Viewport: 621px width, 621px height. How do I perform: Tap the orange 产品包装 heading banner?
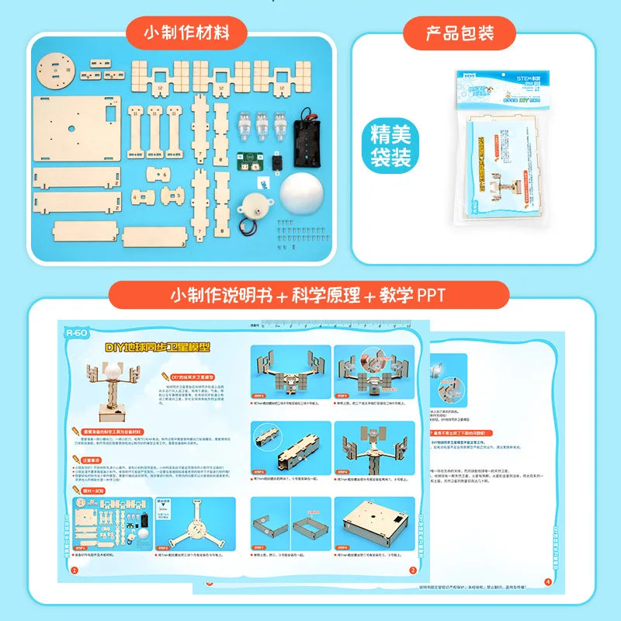[x=460, y=33]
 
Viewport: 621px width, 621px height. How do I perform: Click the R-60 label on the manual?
[x=78, y=333]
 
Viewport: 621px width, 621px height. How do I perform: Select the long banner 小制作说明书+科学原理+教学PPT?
[x=309, y=296]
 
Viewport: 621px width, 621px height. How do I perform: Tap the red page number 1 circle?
[x=75, y=571]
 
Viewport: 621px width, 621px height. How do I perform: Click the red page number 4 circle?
[x=547, y=582]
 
